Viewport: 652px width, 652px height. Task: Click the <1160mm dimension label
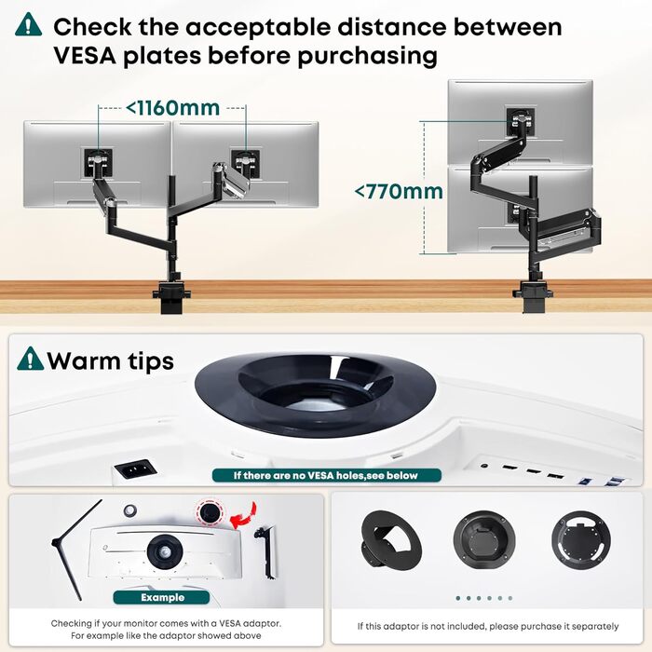coord(172,108)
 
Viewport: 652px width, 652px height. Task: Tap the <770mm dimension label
coord(399,192)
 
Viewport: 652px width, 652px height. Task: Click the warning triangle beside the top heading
coord(28,24)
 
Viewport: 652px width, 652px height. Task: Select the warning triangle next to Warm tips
coord(30,359)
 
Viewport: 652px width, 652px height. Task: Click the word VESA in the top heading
coord(85,56)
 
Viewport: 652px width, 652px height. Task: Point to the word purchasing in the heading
coord(367,57)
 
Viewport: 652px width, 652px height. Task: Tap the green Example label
coord(162,598)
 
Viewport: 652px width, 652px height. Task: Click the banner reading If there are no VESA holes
coord(326,475)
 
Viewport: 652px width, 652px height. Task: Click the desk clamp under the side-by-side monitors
coord(171,295)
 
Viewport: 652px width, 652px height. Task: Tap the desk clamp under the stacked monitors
coord(532,295)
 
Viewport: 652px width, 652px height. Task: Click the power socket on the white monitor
coord(135,469)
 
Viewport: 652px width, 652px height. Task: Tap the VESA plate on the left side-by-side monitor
coord(98,163)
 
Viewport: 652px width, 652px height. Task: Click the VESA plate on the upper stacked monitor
coord(520,121)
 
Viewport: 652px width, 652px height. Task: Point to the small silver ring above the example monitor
coord(130,510)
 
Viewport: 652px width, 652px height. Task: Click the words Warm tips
coord(110,361)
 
